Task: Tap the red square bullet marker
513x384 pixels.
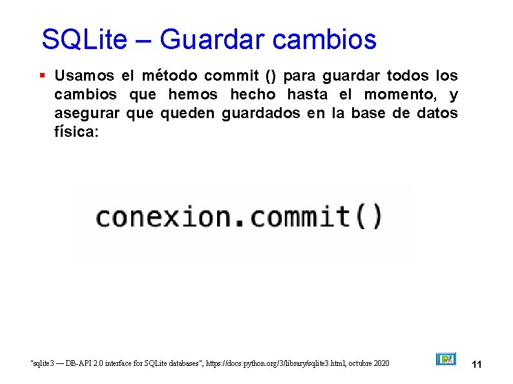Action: [42, 76]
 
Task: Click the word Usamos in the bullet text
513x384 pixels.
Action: [84, 76]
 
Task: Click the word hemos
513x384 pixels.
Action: [192, 96]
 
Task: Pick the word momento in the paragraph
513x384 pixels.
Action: [399, 96]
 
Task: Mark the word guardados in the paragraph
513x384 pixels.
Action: [260, 115]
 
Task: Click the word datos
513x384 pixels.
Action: [436, 115]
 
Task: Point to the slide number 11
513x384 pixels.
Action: [477, 365]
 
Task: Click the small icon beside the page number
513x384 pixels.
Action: [446, 359]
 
